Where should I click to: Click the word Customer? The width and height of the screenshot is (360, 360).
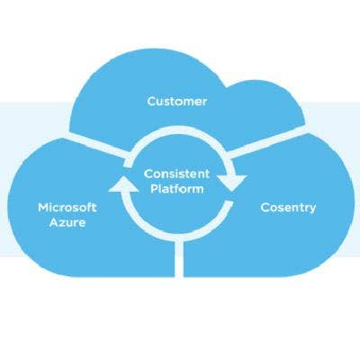(177, 102)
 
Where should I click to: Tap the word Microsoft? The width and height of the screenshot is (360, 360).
(67, 208)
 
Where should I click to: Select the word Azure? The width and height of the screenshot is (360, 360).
(67, 222)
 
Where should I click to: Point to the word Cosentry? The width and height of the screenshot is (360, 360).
(288, 208)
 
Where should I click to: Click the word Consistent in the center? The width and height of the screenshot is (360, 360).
(176, 174)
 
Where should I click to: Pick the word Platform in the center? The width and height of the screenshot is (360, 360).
(177, 189)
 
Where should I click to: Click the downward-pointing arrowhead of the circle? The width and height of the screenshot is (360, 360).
(231, 183)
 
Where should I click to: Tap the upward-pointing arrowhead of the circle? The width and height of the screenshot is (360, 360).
(123, 184)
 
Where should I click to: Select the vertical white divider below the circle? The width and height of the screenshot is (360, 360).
(179, 258)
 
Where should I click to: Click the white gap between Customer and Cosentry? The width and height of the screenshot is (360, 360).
(268, 141)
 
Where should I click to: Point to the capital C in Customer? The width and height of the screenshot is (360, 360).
(151, 102)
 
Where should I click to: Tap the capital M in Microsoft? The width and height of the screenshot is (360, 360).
(43, 208)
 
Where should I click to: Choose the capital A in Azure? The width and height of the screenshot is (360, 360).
(54, 222)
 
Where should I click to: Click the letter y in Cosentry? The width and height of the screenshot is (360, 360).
(312, 209)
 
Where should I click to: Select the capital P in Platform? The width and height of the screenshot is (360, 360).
(154, 189)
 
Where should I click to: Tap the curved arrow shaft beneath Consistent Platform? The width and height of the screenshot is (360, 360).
(177, 233)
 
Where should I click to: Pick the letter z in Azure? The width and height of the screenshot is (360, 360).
(64, 224)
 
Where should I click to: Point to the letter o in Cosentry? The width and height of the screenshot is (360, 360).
(273, 209)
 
